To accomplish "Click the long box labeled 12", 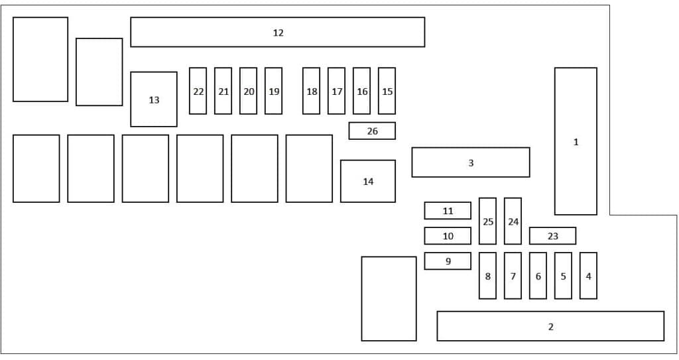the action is (x=278, y=32).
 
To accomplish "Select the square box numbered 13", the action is (x=154, y=99).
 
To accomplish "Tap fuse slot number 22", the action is (x=198, y=91).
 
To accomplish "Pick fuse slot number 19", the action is (x=274, y=91).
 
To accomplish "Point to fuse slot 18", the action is (x=312, y=91).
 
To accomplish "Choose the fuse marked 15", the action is (x=387, y=91).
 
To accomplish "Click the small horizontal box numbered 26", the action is (x=372, y=131).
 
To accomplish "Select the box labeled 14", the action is (x=367, y=181).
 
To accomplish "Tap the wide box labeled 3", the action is (x=471, y=162).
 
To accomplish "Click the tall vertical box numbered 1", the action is (x=576, y=141).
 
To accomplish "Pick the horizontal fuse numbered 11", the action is (x=448, y=211).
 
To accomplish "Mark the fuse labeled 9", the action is (x=448, y=261).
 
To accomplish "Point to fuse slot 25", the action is (x=487, y=221).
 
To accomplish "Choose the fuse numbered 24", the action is (x=513, y=221).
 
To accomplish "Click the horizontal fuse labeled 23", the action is (x=552, y=235).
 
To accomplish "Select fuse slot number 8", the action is (x=487, y=276).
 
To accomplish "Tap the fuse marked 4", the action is (x=589, y=276).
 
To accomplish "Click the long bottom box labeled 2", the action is (x=550, y=326).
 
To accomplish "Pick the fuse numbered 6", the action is (x=538, y=276).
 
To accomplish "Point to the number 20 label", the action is (x=249, y=91).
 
